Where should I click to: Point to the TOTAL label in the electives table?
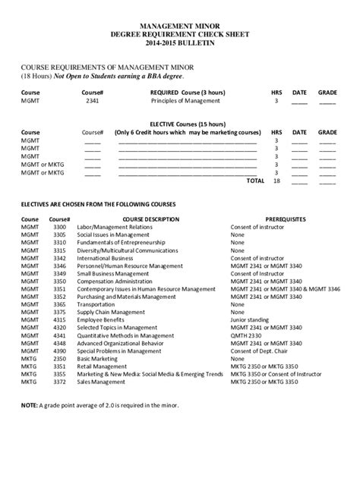tap(256, 181)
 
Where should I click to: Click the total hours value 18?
tap(276, 181)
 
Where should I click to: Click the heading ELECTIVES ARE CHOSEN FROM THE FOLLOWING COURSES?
tap(98, 204)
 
